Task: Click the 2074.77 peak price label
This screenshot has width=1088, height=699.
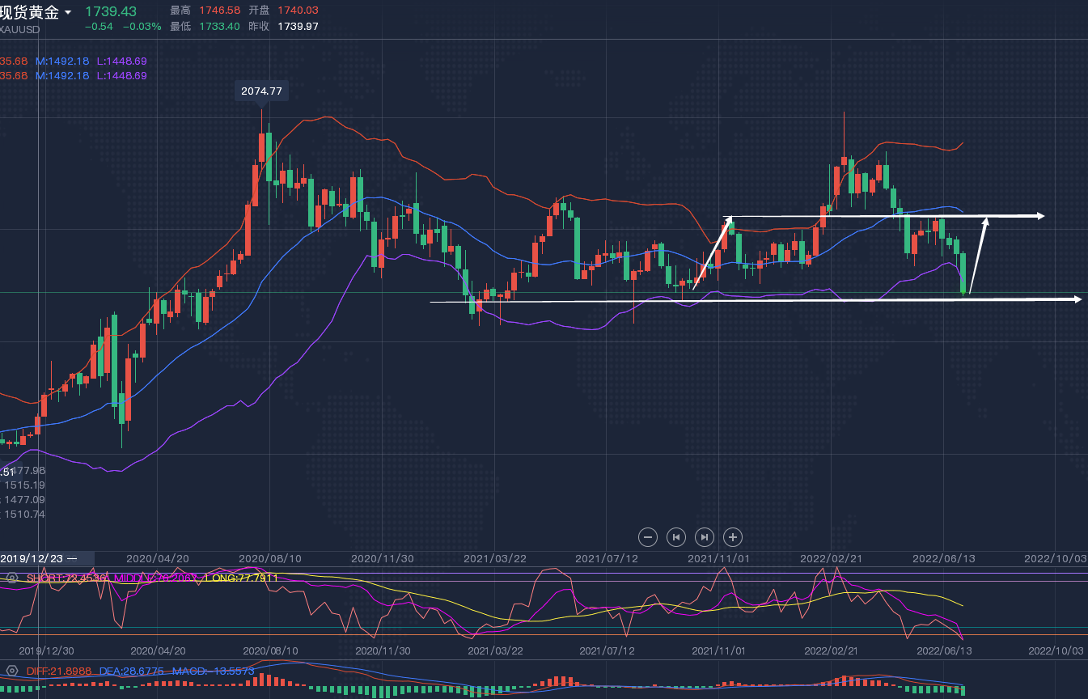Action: point(261,91)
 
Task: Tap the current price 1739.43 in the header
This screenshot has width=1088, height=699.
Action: point(111,11)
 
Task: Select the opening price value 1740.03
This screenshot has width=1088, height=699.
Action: point(298,11)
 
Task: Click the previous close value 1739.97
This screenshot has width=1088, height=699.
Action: point(298,26)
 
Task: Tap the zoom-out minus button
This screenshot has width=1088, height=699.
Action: point(648,536)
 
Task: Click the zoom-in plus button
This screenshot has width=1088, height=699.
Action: point(733,536)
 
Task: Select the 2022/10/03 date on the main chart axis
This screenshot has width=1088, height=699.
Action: point(1055,558)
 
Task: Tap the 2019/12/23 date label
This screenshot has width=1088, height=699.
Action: point(32,558)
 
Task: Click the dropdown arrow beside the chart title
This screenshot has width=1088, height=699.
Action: point(68,12)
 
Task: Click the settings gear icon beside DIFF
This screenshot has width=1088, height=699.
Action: point(11,671)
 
